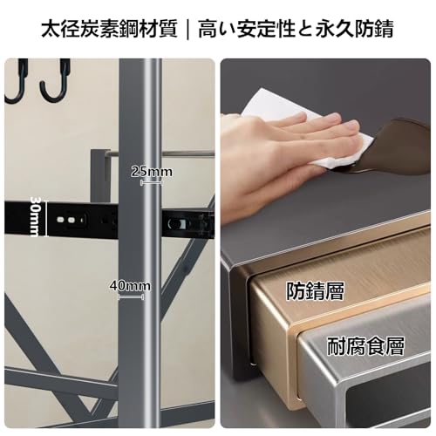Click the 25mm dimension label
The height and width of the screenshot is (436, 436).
(x=152, y=172)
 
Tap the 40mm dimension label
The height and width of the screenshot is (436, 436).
(x=130, y=286)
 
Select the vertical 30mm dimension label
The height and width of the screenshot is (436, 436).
(x=36, y=216)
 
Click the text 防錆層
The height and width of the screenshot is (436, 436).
(x=316, y=291)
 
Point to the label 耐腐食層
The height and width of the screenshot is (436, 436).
(x=365, y=346)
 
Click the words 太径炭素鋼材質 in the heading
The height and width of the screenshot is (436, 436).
(x=109, y=29)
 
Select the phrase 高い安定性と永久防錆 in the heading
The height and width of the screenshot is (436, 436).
(x=296, y=29)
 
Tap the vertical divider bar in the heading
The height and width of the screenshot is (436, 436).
(x=188, y=29)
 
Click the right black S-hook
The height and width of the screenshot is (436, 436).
(x=58, y=80)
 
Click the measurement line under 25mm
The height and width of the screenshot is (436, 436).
(x=151, y=183)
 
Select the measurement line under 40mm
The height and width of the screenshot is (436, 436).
(x=131, y=297)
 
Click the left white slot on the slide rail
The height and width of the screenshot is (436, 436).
(x=61, y=219)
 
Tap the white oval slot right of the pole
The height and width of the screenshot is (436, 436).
(x=175, y=224)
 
